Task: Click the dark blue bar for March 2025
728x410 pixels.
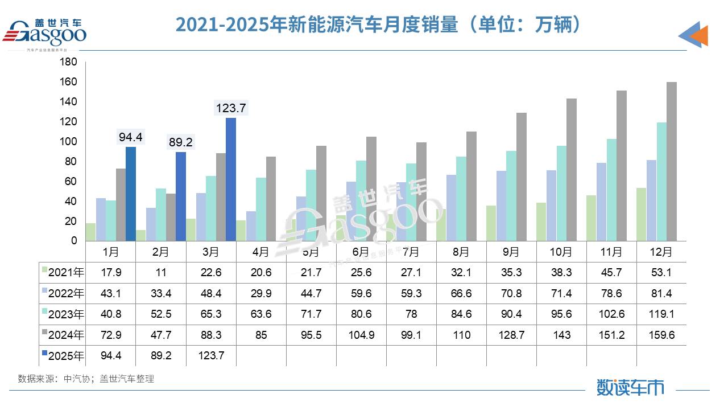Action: point(231,179)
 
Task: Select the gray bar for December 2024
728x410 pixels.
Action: point(672,162)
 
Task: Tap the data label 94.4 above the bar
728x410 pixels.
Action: point(131,137)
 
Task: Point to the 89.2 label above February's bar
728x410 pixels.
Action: point(180,142)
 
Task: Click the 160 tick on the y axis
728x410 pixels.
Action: point(69,82)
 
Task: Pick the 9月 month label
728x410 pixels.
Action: point(511,251)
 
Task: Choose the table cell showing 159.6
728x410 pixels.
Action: point(661,335)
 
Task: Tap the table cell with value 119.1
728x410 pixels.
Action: point(661,314)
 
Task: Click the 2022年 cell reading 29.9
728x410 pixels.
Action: point(261,293)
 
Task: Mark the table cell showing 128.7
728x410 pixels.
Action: point(511,335)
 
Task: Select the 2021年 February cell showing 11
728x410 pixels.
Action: point(161,272)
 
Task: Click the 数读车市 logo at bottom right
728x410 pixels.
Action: point(630,387)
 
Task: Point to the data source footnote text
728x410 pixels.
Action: point(86,379)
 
